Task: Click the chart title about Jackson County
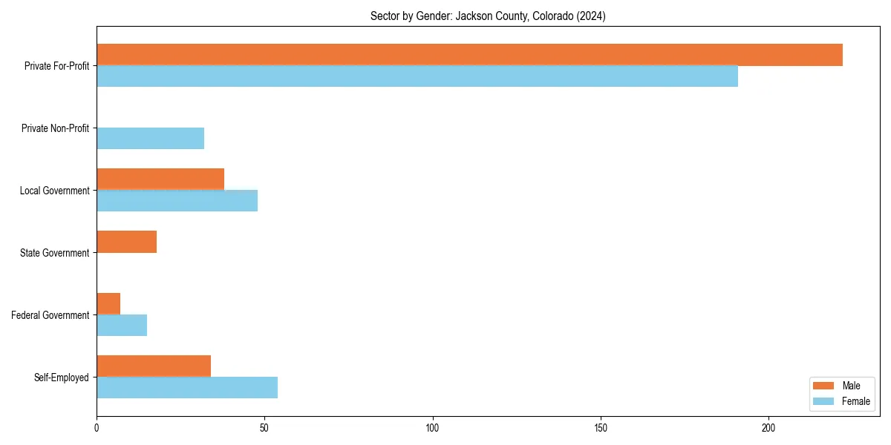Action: click(x=488, y=16)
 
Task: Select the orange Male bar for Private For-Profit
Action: click(x=469, y=55)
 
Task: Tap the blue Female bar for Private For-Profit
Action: click(x=417, y=76)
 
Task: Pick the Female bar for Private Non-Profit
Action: click(x=150, y=139)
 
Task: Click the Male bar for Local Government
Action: click(x=160, y=179)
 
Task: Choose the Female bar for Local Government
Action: click(x=177, y=201)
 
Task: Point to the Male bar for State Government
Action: click(x=126, y=242)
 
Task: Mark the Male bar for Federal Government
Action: click(x=108, y=304)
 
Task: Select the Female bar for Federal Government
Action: click(x=122, y=326)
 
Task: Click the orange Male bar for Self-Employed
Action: click(x=154, y=366)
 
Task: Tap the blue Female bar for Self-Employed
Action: click(x=187, y=388)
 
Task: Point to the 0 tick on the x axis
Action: click(x=97, y=428)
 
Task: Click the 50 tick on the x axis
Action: click(x=264, y=428)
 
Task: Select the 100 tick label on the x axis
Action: click(x=432, y=428)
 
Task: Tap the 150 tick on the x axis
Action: click(x=601, y=428)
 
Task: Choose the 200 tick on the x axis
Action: click(x=768, y=428)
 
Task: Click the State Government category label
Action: click(x=55, y=253)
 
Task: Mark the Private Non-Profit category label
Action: click(x=55, y=128)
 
